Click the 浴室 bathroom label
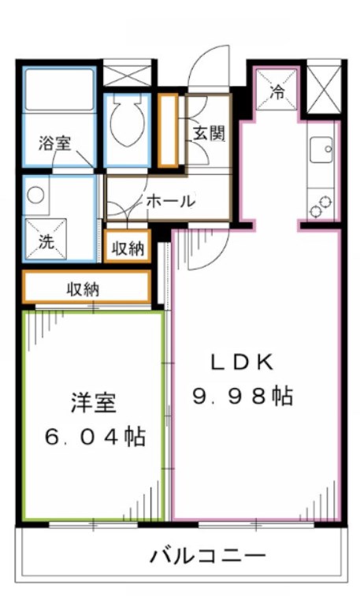pos(55,143)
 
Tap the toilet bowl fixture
pos(126,118)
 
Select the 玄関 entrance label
pos(207,132)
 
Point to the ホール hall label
pos(169,201)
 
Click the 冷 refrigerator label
pos(276,91)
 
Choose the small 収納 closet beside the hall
pos(127,248)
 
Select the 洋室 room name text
pos(93,402)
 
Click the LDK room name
pos(243,362)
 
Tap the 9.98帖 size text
pos(243,396)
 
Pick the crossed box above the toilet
pos(126,76)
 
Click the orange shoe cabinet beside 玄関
pos(167,131)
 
